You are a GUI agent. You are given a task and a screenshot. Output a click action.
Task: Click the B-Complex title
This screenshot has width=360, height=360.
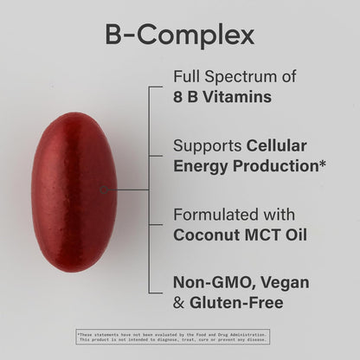[179, 35]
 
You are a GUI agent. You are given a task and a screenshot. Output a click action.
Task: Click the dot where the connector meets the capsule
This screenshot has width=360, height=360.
[103, 189]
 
